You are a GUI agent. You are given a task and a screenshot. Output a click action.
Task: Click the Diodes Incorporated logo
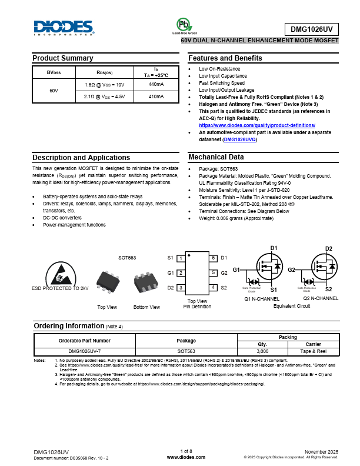(64, 28)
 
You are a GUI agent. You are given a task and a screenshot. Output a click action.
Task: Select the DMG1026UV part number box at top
(312, 29)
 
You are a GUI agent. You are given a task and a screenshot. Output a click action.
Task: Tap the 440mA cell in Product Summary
(156, 85)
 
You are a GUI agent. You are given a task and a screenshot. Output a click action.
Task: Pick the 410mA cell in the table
(156, 96)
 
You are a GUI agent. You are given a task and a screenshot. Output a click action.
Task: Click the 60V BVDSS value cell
(54, 91)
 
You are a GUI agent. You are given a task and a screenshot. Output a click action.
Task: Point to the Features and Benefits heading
(225, 58)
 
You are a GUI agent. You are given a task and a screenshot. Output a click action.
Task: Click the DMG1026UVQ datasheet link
(240, 139)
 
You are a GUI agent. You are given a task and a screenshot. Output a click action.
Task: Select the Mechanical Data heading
(216, 157)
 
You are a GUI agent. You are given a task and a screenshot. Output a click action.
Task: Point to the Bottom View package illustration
(146, 282)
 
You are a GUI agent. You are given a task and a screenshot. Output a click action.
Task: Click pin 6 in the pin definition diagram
(213, 258)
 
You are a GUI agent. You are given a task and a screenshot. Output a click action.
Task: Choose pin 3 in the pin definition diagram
(181, 287)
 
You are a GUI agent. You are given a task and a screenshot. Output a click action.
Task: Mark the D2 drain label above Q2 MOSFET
(329, 248)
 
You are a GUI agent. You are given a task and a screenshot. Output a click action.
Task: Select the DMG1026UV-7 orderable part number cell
(85, 351)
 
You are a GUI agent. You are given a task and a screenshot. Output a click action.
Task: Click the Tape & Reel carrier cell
(314, 351)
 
